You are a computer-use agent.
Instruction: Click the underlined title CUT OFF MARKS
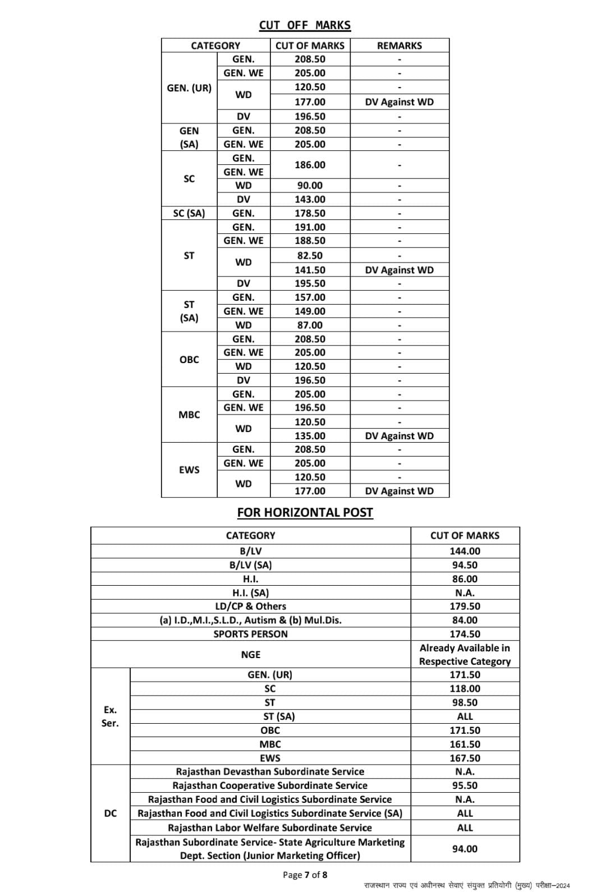point(305,25)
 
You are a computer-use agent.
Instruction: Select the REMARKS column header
point(399,45)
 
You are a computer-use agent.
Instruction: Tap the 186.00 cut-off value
point(310,165)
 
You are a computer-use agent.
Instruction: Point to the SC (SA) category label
point(189,213)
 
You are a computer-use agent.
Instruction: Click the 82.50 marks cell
point(310,255)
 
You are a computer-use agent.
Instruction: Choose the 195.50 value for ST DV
point(310,283)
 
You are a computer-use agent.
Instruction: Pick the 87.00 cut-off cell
point(310,325)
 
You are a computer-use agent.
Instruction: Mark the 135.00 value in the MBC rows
point(310,436)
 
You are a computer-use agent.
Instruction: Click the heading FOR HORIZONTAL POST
point(305,512)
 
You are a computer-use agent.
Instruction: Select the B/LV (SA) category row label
point(250,565)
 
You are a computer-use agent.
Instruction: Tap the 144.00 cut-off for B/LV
point(465,551)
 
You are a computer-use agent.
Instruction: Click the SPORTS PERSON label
point(250,634)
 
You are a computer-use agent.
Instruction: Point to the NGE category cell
point(250,655)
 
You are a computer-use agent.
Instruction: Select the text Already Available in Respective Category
point(465,655)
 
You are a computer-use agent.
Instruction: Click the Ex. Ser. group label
point(110,716)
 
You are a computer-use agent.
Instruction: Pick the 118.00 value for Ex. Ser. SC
point(465,688)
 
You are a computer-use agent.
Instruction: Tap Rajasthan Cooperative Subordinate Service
point(270,785)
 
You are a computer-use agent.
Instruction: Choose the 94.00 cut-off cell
point(465,849)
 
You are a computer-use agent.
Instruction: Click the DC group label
point(110,813)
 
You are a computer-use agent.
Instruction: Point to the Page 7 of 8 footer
point(305,875)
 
